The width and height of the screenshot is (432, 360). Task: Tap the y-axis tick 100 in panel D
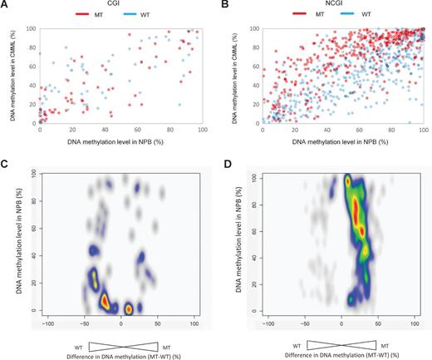pyautogui.click(x=253, y=177)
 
